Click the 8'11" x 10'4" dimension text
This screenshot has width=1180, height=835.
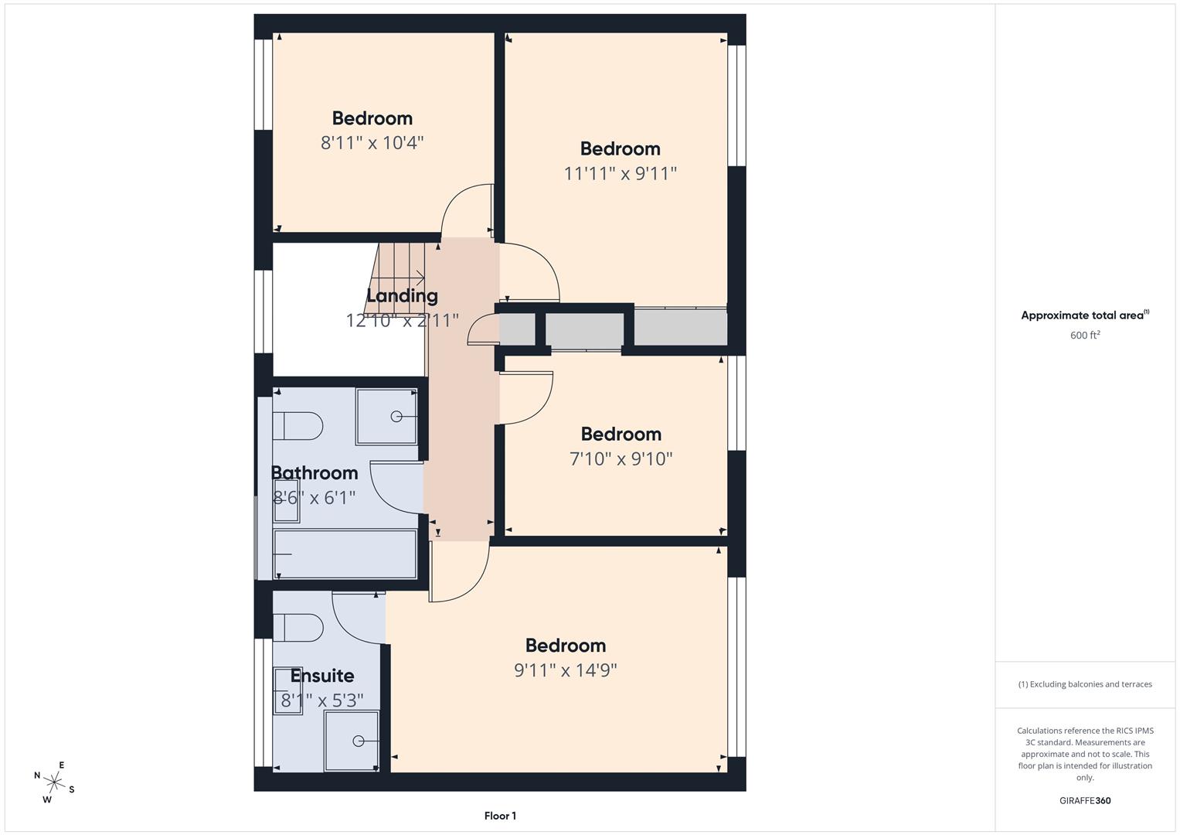tap(372, 143)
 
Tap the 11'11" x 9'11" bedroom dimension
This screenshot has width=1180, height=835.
tap(620, 173)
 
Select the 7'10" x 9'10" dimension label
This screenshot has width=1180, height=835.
tap(621, 458)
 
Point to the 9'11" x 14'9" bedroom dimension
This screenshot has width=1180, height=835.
tap(566, 670)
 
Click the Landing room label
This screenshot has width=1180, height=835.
tap(402, 295)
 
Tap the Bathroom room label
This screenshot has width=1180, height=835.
tap(315, 472)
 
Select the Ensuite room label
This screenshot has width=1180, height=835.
tap(322, 675)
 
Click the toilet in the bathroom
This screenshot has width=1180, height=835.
tap(298, 425)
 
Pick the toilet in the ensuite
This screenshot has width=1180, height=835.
tap(298, 627)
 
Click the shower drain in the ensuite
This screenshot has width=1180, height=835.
tap(358, 741)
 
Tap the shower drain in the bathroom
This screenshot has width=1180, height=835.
tap(396, 417)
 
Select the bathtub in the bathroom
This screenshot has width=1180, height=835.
tap(345, 554)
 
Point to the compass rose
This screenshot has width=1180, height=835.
tap(54, 782)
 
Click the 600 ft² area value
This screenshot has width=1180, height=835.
tap(1085, 335)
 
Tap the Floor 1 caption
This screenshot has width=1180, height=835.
tap(500, 816)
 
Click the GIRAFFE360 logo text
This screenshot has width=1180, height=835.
tap(1085, 800)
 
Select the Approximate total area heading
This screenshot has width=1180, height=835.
tap(1085, 315)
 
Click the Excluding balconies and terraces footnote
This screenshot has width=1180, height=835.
tap(1085, 684)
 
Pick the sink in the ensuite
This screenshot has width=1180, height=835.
tap(287, 690)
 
